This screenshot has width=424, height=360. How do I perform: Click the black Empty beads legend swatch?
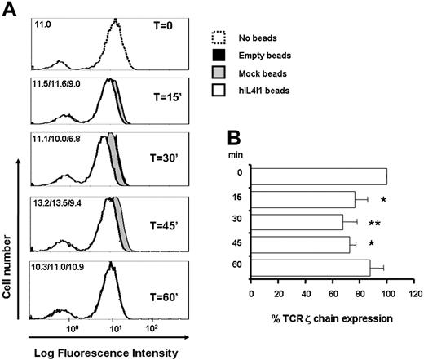coord(214,56)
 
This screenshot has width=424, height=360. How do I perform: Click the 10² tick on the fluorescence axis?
coord(151,331)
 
